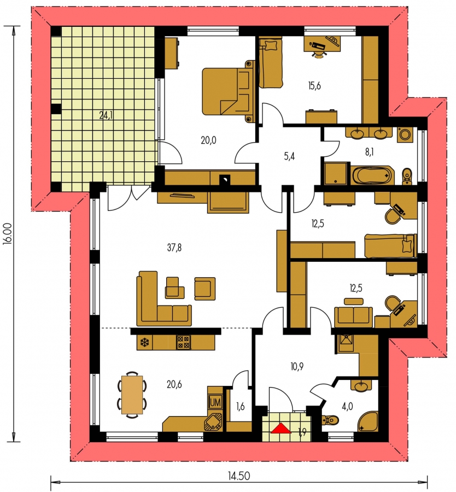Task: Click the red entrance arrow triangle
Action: [281, 428]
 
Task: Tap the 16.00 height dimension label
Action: [8, 233]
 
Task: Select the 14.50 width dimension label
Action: [239, 476]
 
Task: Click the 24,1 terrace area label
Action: [106, 115]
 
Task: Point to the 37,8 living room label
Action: [174, 248]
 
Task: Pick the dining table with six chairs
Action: [132, 394]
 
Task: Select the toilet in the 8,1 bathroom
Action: [407, 177]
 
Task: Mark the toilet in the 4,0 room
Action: [330, 419]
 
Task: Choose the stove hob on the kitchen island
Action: [184, 342]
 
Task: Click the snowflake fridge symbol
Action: [144, 343]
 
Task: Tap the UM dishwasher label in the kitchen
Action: [215, 402]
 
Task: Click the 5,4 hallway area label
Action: [289, 156]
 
